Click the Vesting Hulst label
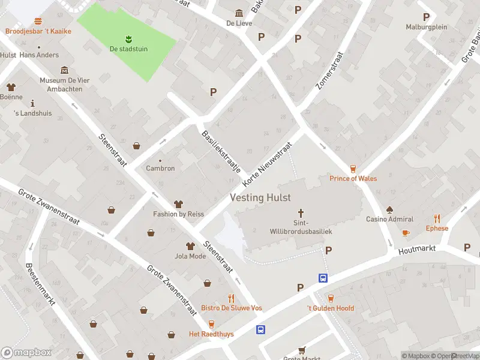pyautogui.click(x=260, y=197)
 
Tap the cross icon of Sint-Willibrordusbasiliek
pyautogui.click(x=301, y=213)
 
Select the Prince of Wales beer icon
pyautogui.click(x=353, y=169)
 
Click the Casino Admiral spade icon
pyautogui.click(x=389, y=210)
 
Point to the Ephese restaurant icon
pyautogui.click(x=437, y=219)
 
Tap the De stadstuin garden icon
pyautogui.click(x=128, y=40)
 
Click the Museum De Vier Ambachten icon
pyautogui.click(x=64, y=71)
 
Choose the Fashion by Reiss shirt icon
pyautogui.click(x=178, y=205)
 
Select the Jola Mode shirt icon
pyautogui.click(x=190, y=247)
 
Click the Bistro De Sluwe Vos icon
pyautogui.click(x=231, y=298)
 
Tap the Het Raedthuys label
pyautogui.click(x=211, y=334)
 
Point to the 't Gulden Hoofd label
pyautogui.click(x=331, y=308)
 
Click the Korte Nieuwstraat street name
pyautogui.click(x=267, y=164)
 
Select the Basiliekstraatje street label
pyautogui.click(x=220, y=152)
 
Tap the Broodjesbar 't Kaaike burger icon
pyautogui.click(x=38, y=21)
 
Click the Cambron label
pyautogui.click(x=160, y=168)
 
